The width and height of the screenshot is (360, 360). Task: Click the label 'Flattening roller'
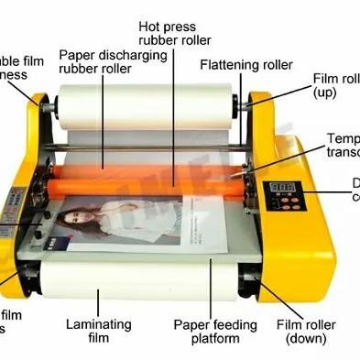(x=246, y=65)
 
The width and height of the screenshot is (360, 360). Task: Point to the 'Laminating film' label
(x=99, y=331)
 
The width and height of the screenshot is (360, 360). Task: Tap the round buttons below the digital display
(x=284, y=205)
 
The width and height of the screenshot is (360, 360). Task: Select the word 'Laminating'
(x=99, y=323)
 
